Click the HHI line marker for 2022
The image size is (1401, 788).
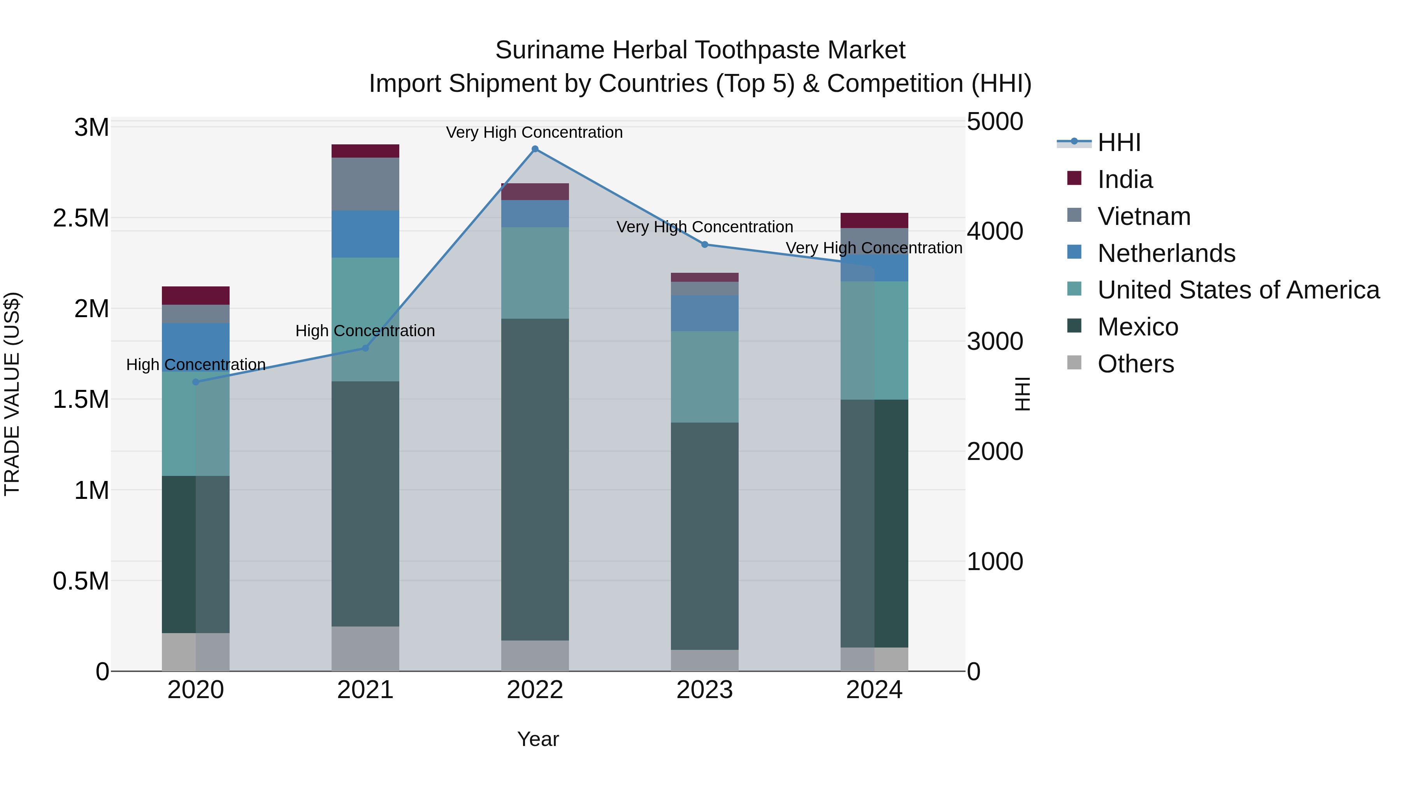tap(535, 149)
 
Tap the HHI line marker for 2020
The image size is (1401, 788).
tap(196, 382)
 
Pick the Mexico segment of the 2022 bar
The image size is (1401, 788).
tap(535, 479)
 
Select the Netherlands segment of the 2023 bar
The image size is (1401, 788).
tap(705, 313)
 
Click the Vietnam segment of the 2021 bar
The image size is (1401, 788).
tap(365, 184)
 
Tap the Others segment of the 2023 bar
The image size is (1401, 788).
tap(705, 660)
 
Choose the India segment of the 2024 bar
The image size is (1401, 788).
tap(874, 220)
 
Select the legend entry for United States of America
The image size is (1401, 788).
tap(1238, 290)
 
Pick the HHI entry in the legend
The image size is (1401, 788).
tap(1119, 142)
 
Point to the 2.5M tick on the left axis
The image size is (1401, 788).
tap(81, 218)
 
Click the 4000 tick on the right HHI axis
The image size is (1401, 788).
tap(995, 231)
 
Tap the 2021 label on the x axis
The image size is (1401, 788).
tap(365, 690)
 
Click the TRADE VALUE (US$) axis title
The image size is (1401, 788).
tap(12, 394)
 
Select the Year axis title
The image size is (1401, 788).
tap(538, 739)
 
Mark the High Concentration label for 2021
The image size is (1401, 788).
tap(365, 331)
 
